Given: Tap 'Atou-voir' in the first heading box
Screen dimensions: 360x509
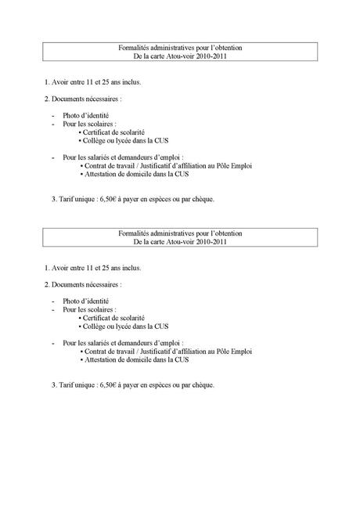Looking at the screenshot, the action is (x=182, y=57).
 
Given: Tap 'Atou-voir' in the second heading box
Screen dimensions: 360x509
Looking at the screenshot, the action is (x=182, y=242).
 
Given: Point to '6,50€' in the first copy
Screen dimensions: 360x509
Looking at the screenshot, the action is (x=109, y=199).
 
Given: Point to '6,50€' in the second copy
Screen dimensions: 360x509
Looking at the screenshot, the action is (x=109, y=384).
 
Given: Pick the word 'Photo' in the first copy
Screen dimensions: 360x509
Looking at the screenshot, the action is (x=73, y=115).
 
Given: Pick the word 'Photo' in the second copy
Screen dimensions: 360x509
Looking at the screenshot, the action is (x=73, y=301).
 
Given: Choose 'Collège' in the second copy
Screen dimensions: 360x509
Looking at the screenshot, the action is (x=97, y=326).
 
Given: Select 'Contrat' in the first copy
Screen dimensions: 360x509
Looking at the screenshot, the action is (x=99, y=166).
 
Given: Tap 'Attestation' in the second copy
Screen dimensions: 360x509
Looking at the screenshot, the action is (x=104, y=359).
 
